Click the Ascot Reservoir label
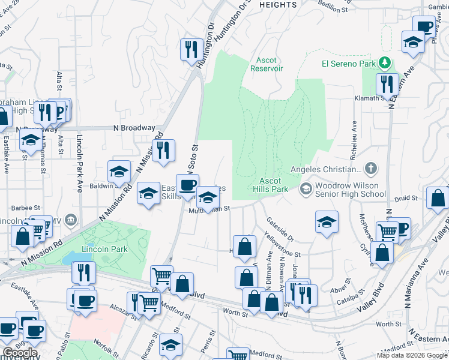point(266,64)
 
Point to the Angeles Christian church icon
point(372,169)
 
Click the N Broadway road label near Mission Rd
point(134,128)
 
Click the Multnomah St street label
point(209,209)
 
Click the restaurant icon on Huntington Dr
point(191,49)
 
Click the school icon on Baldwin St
point(119,172)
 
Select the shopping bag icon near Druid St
point(438,199)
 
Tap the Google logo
point(19,353)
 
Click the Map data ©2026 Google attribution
point(412,355)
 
